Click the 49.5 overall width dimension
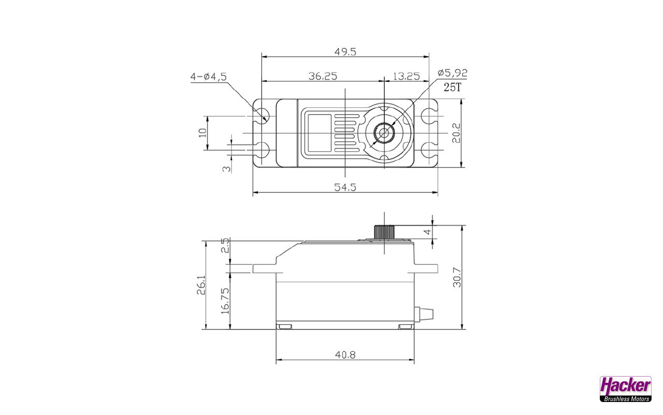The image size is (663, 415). coord(345,52)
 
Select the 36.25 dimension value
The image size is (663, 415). coord(323,76)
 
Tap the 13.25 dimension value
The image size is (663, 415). coord(406,76)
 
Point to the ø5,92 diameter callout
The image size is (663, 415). coord(452,73)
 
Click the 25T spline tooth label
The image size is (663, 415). coord(452,87)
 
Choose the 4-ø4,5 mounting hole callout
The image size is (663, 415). coord(208,77)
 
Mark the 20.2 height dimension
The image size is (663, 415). coord(456,133)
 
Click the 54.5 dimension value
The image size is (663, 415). coord(345,187)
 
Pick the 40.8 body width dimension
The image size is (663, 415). coord(345,354)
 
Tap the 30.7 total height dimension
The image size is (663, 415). coord(457,278)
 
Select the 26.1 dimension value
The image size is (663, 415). coord(201,285)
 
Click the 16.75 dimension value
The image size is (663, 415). coord(225,301)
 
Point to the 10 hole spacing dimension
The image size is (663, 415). coord(202,133)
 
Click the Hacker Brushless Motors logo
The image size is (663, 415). coord(625,389)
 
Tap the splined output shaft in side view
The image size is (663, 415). coord(384,232)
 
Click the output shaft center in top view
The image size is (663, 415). coord(384,133)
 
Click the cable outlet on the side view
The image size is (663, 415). coord(424,314)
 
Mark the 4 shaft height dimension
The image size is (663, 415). coord(428,232)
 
